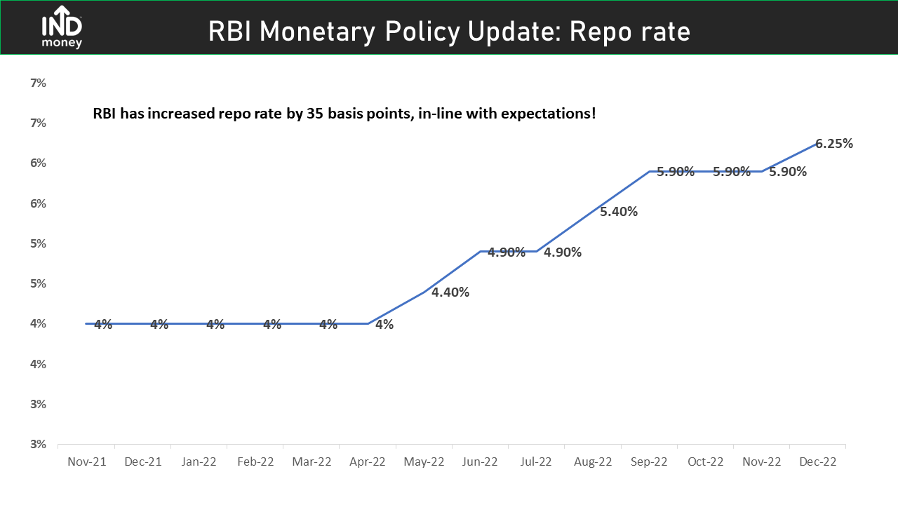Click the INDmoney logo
pos(62,27)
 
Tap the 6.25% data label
pos(834,144)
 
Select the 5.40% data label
pos(619,211)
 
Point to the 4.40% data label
pos(450,292)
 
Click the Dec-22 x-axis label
pos(818,462)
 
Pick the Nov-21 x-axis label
pos(86,462)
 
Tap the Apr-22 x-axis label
pos(367,462)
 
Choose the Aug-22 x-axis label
pos(593,462)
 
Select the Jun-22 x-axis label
pos(480,462)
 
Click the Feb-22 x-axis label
pos(255,462)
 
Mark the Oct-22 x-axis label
pos(706,462)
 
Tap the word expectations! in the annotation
pos(549,114)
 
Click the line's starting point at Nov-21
pos(86,323)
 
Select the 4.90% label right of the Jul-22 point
pos(563,252)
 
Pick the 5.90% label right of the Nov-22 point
pos(788,172)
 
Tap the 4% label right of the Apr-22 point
pos(384,324)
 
